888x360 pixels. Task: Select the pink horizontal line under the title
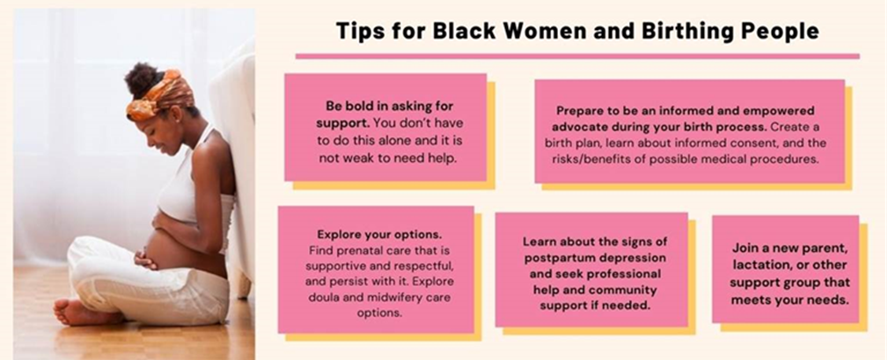(577, 56)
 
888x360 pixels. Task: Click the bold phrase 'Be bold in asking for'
(390, 106)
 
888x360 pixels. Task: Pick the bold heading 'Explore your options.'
(379, 234)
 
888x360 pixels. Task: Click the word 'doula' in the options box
(322, 297)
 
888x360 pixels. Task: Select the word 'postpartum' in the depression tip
(557, 259)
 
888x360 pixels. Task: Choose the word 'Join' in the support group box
(745, 247)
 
